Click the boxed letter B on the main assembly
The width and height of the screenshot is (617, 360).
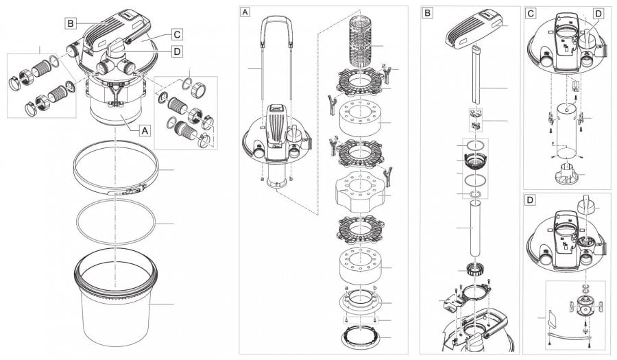coord(71,23)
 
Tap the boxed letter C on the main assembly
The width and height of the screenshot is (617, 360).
coord(177,34)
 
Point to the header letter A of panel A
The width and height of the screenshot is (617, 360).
coord(245,12)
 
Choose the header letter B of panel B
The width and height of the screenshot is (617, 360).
coord(428,12)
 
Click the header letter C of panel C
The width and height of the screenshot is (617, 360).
coord(530,12)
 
